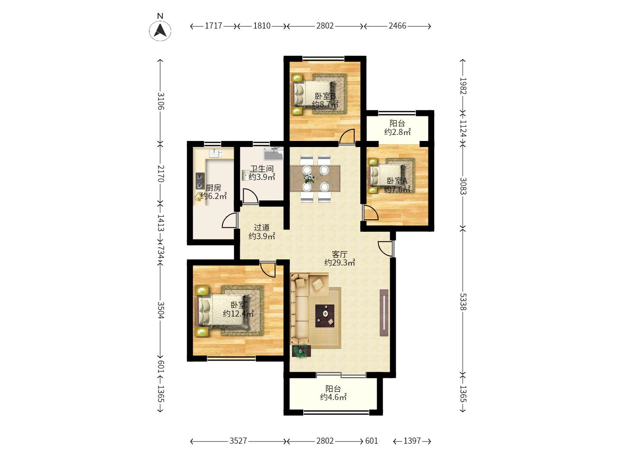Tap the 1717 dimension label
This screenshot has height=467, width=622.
click(213, 26)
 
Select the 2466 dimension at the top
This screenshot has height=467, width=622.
click(397, 26)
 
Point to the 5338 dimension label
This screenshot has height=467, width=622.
click(463, 302)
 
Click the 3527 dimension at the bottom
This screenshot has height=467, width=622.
click(238, 441)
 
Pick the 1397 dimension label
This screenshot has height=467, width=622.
click(412, 441)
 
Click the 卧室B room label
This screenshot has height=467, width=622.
click(325, 96)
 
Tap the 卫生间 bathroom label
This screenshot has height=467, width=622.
click(262, 169)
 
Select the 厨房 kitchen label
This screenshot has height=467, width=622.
click(213, 187)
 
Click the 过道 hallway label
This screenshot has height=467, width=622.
click(262, 227)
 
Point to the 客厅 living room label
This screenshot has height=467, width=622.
click(340, 254)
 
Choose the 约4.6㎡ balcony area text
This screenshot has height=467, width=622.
click(333, 397)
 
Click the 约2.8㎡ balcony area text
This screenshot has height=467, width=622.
click(397, 132)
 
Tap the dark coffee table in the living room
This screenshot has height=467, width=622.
click(325, 316)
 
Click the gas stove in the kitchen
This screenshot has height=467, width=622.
click(200, 181)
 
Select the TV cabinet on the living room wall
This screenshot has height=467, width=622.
click(384, 313)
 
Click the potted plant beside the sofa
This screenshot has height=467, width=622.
click(301, 351)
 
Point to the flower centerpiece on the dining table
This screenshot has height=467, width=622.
click(309, 179)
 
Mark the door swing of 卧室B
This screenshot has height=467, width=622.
click(347, 136)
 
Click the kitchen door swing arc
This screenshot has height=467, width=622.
click(229, 220)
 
